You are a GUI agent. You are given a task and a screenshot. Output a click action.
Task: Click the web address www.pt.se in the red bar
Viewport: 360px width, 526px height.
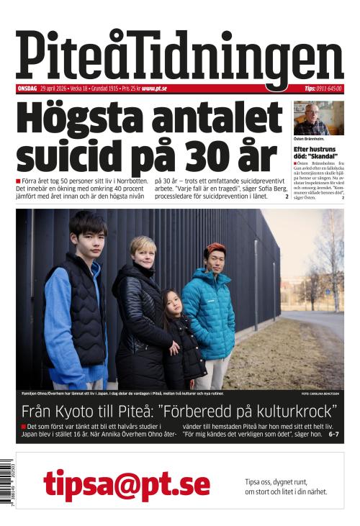coord(155,89)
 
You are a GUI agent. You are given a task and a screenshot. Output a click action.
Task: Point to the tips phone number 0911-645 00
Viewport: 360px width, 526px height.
coord(328,89)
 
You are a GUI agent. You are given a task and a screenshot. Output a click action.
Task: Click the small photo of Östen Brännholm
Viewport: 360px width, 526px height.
coord(318,118)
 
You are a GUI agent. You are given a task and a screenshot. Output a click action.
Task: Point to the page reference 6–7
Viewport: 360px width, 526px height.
coord(334,435)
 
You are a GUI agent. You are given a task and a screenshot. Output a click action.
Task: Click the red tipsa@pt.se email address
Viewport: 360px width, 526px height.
coord(127,484)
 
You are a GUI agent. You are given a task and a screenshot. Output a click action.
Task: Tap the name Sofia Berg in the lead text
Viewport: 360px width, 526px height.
coord(267,187)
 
